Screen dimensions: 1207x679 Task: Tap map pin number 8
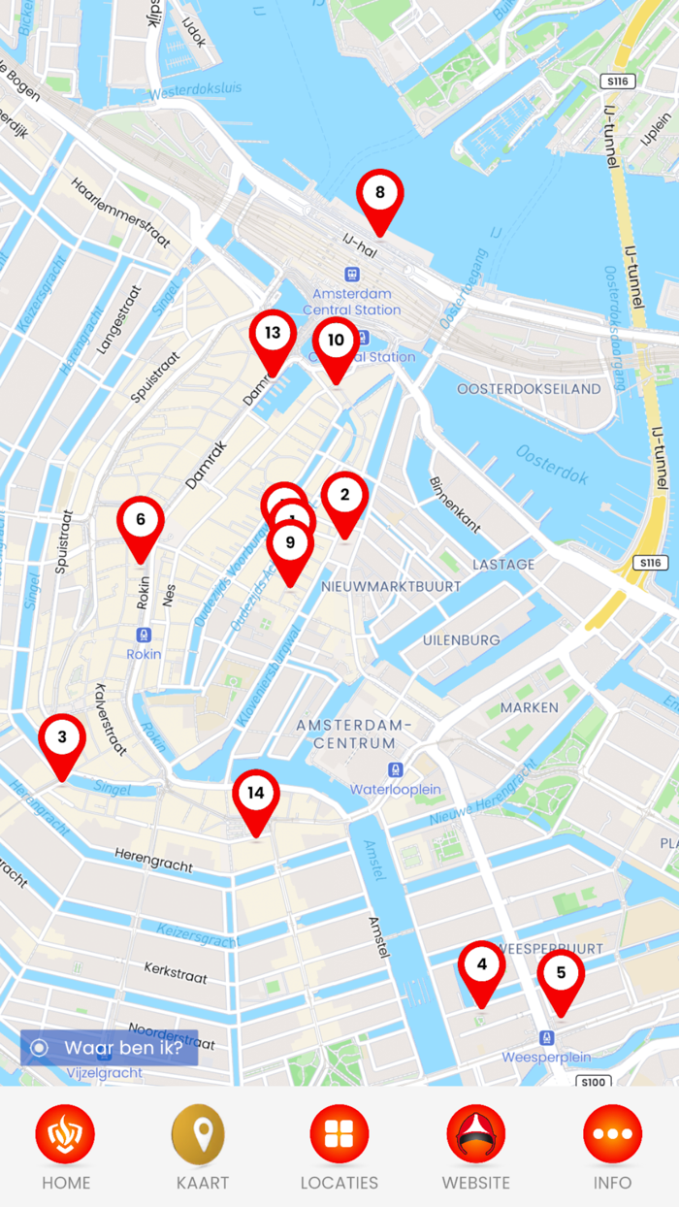tap(380, 193)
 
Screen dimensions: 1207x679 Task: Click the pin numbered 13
tap(273, 334)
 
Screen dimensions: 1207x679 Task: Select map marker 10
tap(336, 341)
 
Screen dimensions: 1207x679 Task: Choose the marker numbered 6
tap(141, 520)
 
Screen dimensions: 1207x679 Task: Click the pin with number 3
tap(62, 737)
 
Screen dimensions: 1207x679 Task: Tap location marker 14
tap(256, 794)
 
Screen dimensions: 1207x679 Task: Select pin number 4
tap(482, 964)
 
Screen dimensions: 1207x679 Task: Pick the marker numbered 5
tap(561, 973)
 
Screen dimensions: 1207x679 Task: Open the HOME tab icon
tap(65, 1134)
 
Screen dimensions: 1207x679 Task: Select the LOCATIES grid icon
tap(339, 1134)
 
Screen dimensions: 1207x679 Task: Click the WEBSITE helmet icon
tap(475, 1134)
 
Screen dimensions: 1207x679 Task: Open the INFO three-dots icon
tap(612, 1134)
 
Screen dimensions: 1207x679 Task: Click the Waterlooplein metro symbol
tap(395, 770)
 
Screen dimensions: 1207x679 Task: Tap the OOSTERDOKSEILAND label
tap(529, 389)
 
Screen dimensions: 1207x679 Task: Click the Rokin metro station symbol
tap(144, 636)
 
